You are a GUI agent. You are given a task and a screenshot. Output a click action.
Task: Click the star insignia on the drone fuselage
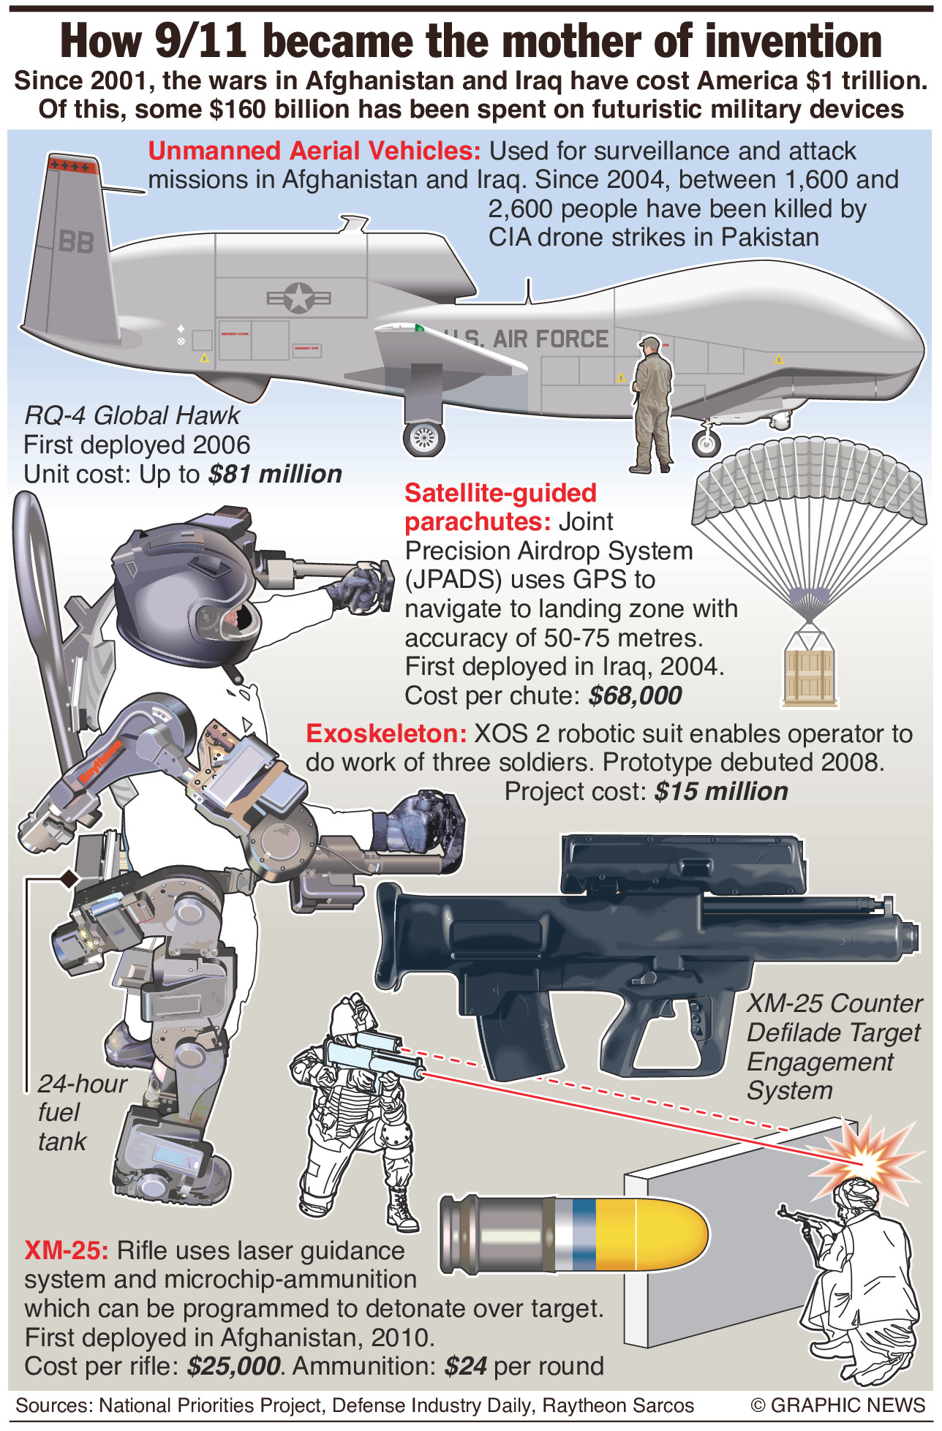[x=298, y=298]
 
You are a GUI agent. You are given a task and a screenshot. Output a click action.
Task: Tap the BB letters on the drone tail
[x=77, y=241]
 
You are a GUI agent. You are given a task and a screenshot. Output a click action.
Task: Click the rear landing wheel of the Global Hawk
[x=423, y=438]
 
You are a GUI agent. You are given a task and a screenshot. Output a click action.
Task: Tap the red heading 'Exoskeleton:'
[x=385, y=733]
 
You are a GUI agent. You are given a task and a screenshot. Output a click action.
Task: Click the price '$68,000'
[x=635, y=695]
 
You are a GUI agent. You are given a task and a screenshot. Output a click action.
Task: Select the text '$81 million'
[x=275, y=474]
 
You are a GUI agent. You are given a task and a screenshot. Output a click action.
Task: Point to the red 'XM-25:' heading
[x=66, y=1250]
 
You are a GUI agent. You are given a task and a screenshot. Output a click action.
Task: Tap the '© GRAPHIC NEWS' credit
[x=837, y=1405]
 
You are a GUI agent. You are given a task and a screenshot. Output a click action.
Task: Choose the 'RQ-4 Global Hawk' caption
[x=132, y=415]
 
